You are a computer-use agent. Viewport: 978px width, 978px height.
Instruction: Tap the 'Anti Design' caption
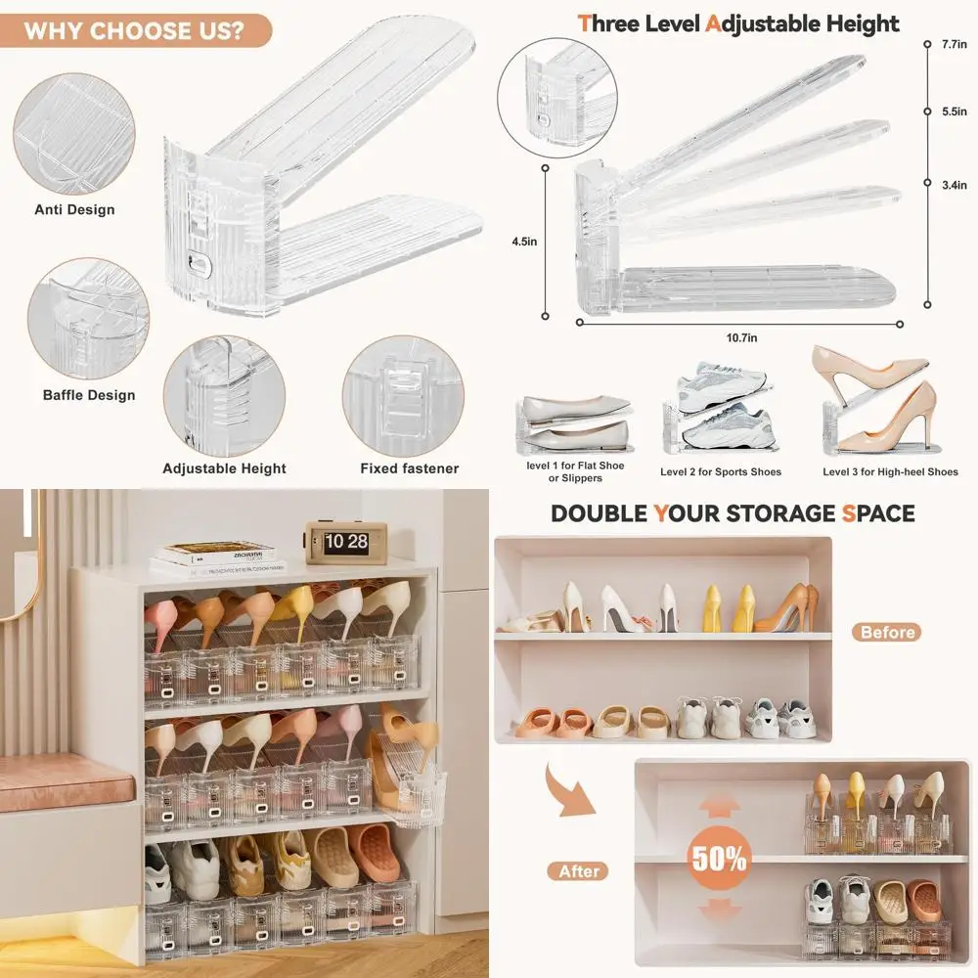(x=74, y=209)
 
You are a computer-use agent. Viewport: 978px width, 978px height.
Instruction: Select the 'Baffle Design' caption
(x=89, y=395)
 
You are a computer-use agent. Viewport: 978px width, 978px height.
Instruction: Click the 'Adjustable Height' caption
(x=224, y=468)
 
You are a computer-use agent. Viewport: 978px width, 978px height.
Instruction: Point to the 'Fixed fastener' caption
(x=409, y=468)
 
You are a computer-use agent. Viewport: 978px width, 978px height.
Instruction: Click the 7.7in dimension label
(x=954, y=44)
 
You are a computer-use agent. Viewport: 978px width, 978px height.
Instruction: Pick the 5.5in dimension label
(x=955, y=111)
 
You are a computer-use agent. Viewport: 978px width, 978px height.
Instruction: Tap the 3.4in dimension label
(x=955, y=184)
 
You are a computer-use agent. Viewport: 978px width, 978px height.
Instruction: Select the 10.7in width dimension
(x=740, y=337)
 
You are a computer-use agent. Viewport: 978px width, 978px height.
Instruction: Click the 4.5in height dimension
(x=524, y=242)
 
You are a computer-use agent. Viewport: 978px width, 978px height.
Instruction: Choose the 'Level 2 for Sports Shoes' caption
(x=721, y=472)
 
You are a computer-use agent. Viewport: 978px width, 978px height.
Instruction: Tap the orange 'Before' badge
(x=888, y=632)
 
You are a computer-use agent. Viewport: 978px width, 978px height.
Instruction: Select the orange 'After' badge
(x=579, y=870)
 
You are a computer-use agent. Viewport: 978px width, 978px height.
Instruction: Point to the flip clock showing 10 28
(x=345, y=542)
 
